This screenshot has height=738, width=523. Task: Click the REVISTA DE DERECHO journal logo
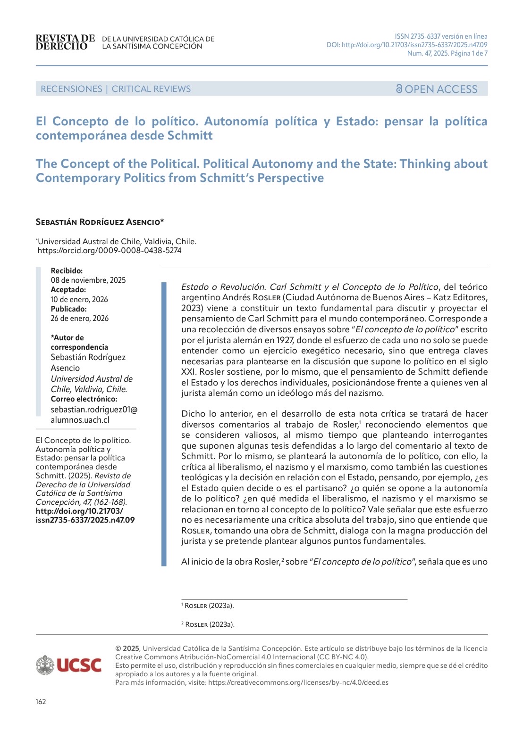coord(65,42)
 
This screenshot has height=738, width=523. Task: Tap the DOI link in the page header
coord(407,45)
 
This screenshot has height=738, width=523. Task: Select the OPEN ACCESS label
coord(437,89)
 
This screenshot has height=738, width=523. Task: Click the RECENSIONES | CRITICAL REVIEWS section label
coord(116,89)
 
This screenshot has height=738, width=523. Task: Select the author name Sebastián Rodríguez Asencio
coord(100,221)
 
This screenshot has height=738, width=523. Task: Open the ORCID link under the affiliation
coord(110,251)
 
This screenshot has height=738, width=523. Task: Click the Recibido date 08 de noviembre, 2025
coord(88,280)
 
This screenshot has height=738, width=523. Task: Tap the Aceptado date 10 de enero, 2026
coord(79,300)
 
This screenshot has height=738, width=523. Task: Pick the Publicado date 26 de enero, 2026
coord(80,319)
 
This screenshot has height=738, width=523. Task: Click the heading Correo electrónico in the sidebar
coord(84,399)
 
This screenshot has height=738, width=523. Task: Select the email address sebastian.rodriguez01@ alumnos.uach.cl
coord(94,415)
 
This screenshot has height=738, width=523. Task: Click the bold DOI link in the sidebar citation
coord(85,516)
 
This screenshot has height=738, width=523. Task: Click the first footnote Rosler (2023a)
coord(209,606)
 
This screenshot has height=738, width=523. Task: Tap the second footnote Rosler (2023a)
coord(210,624)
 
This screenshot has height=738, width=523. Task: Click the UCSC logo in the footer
coord(68,665)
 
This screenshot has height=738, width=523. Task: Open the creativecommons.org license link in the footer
coord(298,682)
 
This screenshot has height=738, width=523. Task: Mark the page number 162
coord(41,702)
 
